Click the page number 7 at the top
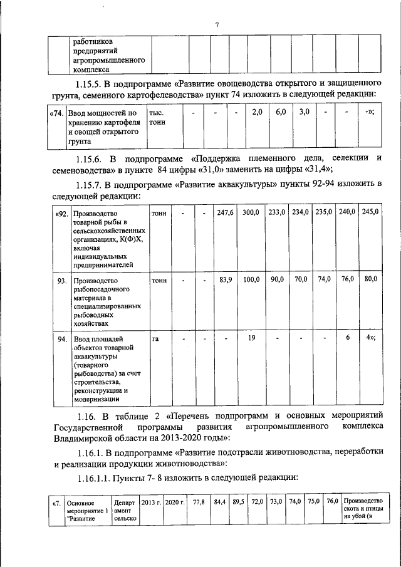[x=216, y=25]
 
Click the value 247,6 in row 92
[x=225, y=213]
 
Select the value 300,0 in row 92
[x=251, y=213]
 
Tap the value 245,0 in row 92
[x=370, y=212]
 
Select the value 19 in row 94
[x=251, y=338]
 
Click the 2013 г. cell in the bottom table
[x=151, y=502]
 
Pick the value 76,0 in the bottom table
[x=332, y=502]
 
